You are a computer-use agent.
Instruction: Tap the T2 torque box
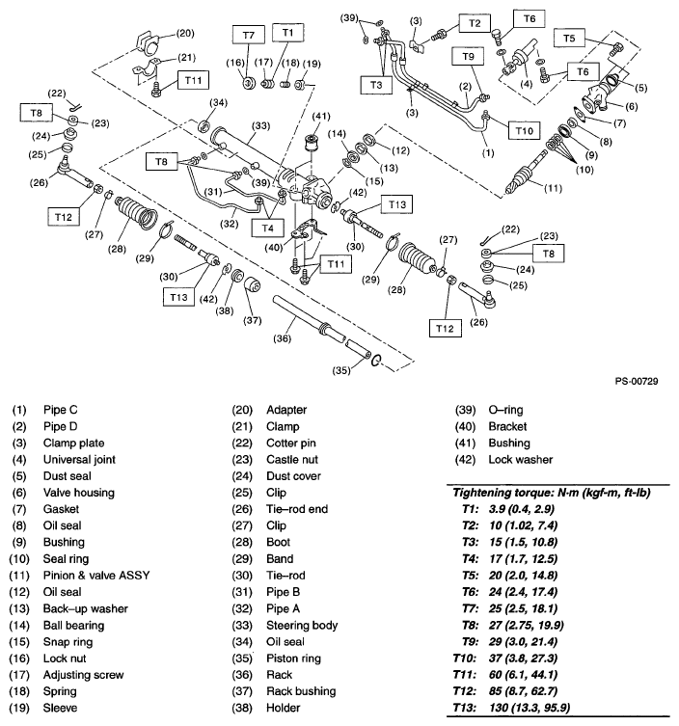(x=473, y=20)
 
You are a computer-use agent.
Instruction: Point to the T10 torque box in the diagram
(x=523, y=128)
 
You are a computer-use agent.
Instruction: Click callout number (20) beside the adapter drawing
(x=183, y=33)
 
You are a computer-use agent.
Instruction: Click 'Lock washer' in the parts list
(x=521, y=459)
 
